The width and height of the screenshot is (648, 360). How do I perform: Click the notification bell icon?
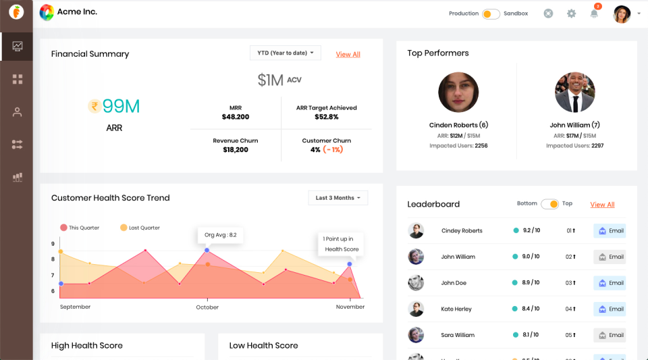[594, 14]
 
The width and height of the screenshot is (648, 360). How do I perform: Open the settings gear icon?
[571, 14]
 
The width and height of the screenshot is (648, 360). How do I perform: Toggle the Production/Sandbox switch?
[491, 14]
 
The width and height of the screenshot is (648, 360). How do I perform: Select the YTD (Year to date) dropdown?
[286, 53]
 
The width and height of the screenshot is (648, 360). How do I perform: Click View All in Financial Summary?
[348, 54]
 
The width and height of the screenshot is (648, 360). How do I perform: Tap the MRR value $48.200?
[236, 117]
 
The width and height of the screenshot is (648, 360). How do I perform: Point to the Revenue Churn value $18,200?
[236, 150]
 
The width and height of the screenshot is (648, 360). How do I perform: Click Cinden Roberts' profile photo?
[458, 93]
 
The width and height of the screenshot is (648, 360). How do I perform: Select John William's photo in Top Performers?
[574, 93]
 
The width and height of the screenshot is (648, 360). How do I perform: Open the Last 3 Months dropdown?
[338, 198]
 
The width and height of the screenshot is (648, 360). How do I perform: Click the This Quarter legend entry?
[80, 228]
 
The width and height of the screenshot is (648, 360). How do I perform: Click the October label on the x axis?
[207, 307]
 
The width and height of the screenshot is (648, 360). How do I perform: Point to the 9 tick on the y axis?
[53, 244]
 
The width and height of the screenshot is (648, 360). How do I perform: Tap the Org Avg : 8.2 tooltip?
[220, 235]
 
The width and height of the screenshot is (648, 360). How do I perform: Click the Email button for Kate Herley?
[610, 309]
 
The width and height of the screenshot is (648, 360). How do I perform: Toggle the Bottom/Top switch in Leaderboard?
[550, 204]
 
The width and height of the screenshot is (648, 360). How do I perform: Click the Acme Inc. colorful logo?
[47, 12]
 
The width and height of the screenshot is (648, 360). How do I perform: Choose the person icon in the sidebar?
[17, 112]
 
